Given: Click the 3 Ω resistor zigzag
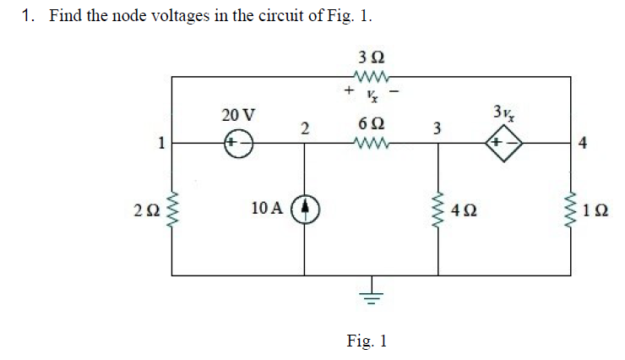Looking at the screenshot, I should (x=371, y=77).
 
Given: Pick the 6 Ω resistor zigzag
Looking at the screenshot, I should (x=371, y=144).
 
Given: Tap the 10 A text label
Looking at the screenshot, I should (x=268, y=208).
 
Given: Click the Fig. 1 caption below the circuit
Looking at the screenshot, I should (x=367, y=341).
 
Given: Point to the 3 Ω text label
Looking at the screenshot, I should (x=371, y=57).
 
